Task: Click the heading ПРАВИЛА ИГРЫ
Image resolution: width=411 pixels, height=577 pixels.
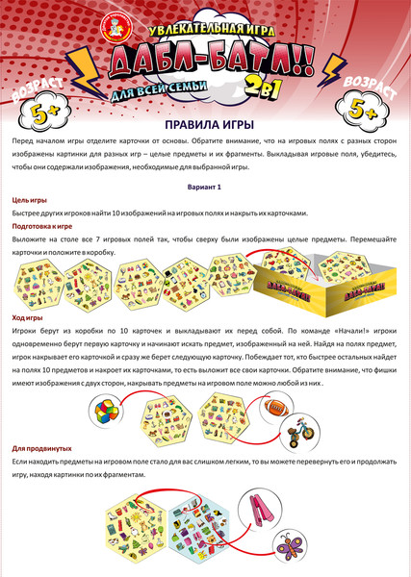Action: point(205,125)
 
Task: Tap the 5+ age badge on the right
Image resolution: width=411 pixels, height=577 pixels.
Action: point(378,114)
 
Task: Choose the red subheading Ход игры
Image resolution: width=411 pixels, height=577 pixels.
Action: point(26,316)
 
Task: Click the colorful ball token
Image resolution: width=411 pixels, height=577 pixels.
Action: point(106,412)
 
